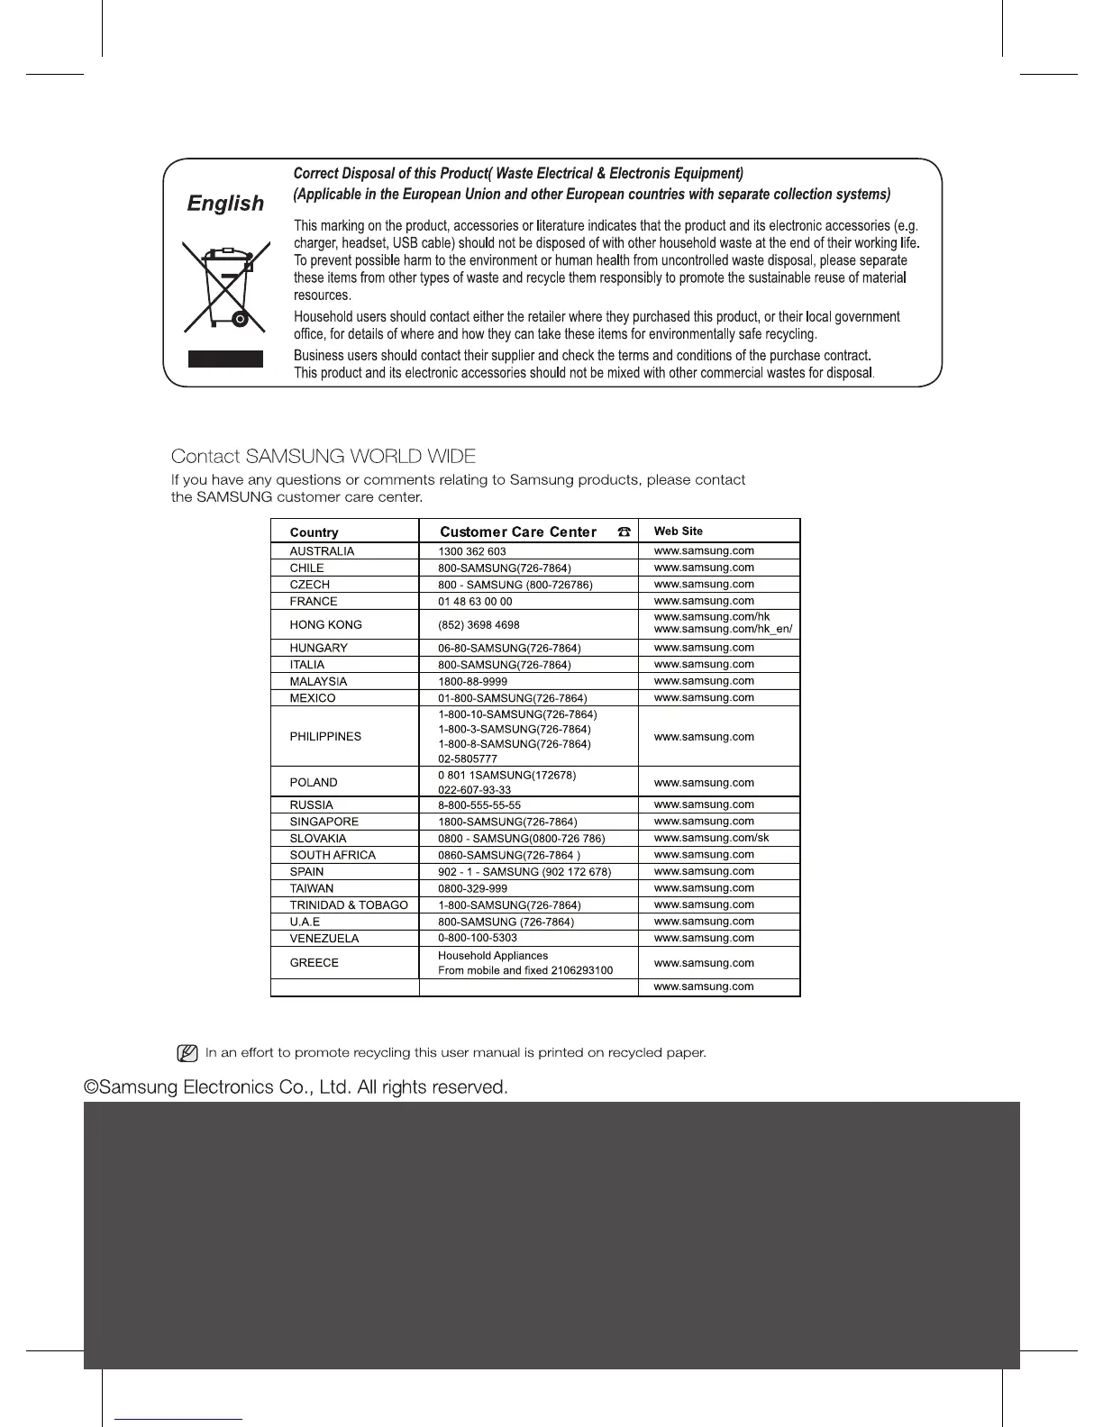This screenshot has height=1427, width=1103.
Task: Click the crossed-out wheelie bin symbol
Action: point(225,286)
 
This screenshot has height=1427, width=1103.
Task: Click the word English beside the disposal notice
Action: point(225,204)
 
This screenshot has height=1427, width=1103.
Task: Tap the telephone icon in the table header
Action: point(624,532)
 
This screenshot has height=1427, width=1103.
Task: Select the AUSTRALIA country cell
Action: point(322,551)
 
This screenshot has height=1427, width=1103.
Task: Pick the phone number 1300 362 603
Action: point(471,551)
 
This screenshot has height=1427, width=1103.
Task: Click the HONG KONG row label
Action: point(325,624)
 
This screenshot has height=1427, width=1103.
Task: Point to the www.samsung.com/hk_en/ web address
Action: point(723,629)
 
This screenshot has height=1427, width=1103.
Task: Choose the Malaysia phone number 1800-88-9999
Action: point(472,682)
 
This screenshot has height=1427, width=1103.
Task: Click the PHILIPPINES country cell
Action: point(325,736)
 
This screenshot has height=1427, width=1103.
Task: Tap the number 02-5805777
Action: point(467,759)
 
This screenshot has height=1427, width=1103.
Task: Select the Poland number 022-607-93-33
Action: point(474,790)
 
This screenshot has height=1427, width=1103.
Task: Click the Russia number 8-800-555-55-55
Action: point(479,805)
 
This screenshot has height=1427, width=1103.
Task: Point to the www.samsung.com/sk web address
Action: point(711,838)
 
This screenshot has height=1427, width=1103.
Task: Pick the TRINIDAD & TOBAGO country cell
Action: point(349,904)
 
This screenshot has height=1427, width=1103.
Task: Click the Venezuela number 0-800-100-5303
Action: point(477,938)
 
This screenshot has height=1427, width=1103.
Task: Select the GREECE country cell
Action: point(314,962)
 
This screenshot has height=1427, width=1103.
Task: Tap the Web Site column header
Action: point(678,532)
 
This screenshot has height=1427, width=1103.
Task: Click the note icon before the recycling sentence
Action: point(187,1052)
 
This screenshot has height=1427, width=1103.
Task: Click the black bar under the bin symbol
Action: point(225,359)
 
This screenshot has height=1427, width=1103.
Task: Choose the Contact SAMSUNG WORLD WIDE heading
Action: point(323,457)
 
